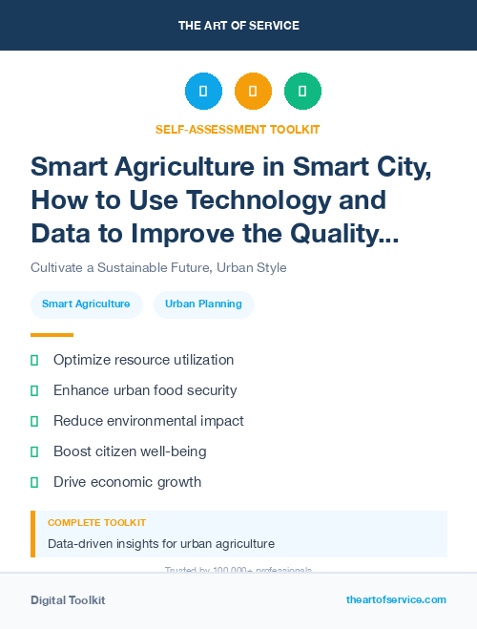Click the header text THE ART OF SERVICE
point(238,26)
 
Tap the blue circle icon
point(203,92)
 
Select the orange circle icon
point(253,92)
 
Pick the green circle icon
point(302,92)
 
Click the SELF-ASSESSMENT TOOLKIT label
point(238,129)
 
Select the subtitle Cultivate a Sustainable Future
point(158,267)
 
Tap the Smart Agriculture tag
point(86,304)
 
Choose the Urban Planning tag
point(203,304)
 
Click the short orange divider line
point(52,335)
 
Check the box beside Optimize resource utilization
point(34,360)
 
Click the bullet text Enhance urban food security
point(145,390)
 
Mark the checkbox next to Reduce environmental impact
point(34,421)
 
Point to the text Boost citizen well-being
point(130,451)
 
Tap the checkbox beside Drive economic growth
point(34,482)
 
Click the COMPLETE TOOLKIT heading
point(96,523)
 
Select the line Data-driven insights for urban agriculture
point(161,544)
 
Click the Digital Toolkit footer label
point(68,600)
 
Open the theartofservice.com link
point(396,599)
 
